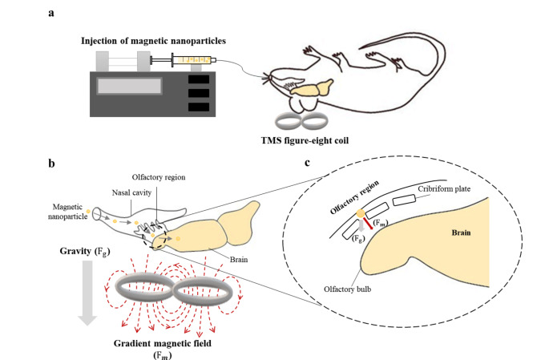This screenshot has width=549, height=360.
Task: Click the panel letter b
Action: [52, 164]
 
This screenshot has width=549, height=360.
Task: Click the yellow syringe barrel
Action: [193, 59]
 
